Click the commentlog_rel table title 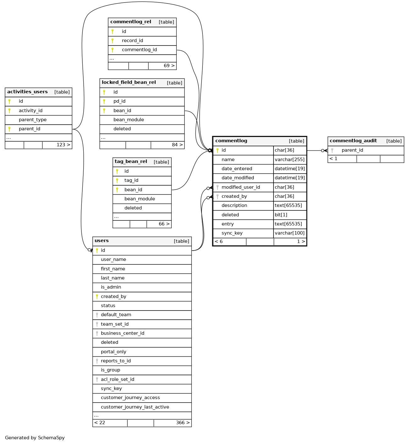[x=131, y=22]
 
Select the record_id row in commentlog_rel [x=132, y=41]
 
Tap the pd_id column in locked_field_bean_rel [x=119, y=101]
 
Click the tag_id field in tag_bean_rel [x=131, y=180]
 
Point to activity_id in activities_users [x=30, y=111]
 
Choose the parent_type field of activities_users [x=33, y=120]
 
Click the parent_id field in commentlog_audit [x=352, y=150]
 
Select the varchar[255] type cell [x=290, y=160]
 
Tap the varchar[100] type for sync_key [x=290, y=233]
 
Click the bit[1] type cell [x=281, y=215]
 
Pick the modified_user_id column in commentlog [x=240, y=187]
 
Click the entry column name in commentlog [x=228, y=224]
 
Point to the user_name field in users [x=113, y=259]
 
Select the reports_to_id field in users [x=116, y=361]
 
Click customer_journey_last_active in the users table [x=135, y=407]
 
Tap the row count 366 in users [x=180, y=423]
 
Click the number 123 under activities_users [x=61, y=145]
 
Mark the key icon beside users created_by [x=97, y=296]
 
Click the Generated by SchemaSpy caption [x=35, y=438]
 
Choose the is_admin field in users [x=111, y=287]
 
